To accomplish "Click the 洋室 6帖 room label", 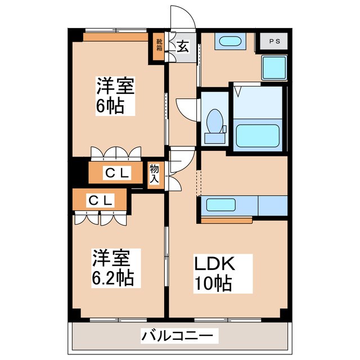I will [x=114, y=96].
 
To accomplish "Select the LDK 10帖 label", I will [x=214, y=273].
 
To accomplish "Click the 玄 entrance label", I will [x=183, y=47].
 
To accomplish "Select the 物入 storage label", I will [x=154, y=174].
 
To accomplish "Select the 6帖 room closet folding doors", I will [x=115, y=153].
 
